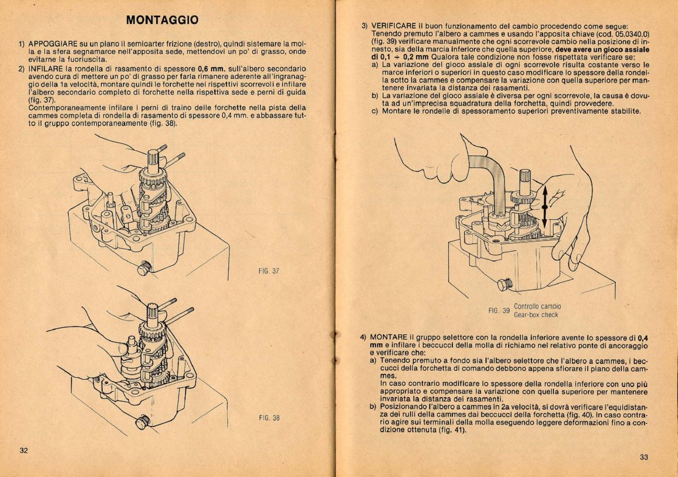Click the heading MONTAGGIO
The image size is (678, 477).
(162, 20)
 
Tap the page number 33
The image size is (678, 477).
(644, 457)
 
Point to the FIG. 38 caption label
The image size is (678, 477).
(269, 418)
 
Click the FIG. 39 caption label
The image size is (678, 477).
(499, 310)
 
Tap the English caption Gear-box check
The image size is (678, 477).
(536, 315)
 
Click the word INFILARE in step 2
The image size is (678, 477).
(47, 68)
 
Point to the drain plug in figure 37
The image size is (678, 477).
(144, 268)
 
